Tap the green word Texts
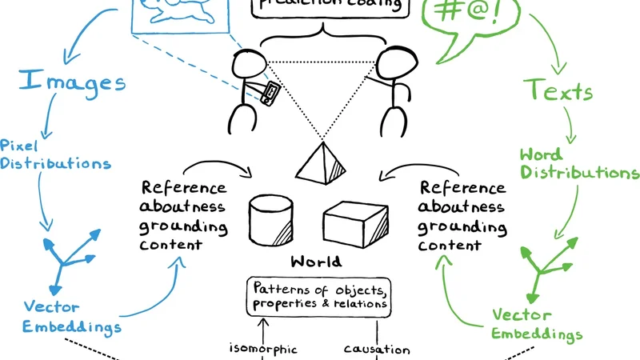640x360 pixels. [558, 90]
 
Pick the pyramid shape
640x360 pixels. [322, 163]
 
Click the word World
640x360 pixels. [316, 262]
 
